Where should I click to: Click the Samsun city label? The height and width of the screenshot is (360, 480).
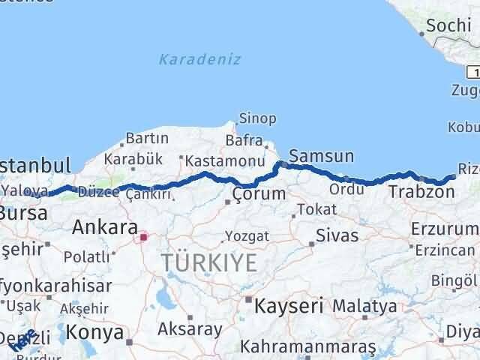[321, 156]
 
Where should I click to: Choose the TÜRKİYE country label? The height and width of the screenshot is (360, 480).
[209, 262]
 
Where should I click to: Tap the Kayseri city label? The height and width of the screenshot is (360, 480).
[289, 305]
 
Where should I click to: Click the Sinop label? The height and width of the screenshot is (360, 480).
[257, 118]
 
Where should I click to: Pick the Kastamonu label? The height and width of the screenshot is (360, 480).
[225, 161]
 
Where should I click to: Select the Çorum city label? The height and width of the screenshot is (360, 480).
[259, 194]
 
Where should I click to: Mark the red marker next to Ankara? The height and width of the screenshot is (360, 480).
[142, 237]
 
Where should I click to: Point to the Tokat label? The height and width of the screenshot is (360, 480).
[312, 210]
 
